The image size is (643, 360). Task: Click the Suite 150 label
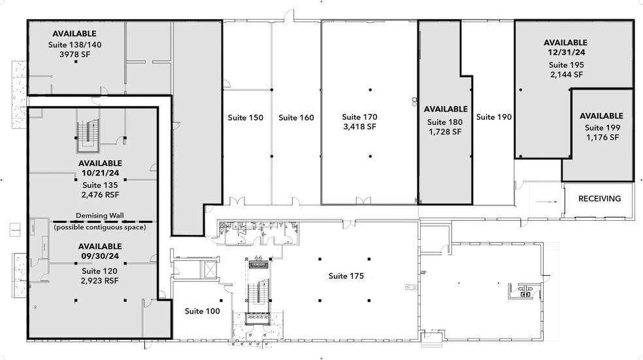(245, 118)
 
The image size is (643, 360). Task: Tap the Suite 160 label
(296, 118)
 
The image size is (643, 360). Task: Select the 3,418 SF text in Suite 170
(359, 126)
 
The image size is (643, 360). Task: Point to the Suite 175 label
(346, 276)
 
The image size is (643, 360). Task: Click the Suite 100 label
(202, 311)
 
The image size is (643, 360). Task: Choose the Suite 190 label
(493, 117)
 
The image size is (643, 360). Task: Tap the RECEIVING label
(599, 199)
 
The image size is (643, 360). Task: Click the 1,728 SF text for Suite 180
(445, 131)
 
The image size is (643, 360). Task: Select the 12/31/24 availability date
(566, 52)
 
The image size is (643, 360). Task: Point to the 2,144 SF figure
(566, 74)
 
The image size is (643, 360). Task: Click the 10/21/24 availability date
(100, 173)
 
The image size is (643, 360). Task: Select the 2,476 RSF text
(100, 194)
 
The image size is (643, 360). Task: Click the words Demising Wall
(100, 216)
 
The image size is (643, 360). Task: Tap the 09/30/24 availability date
(100, 256)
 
